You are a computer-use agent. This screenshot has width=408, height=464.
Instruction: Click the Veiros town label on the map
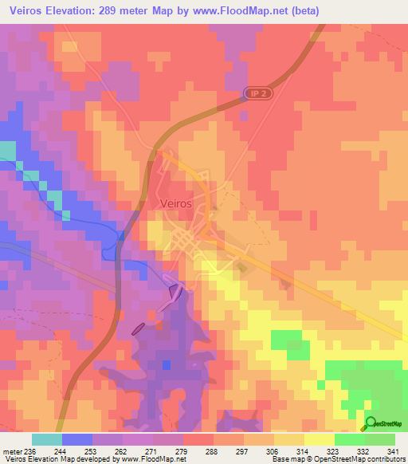(x=175, y=203)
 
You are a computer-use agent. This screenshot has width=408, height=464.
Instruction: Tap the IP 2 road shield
(x=253, y=94)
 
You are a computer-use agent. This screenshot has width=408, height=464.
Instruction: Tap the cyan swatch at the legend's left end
(x=46, y=439)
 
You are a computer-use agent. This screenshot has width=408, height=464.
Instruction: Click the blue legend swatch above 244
(x=76, y=439)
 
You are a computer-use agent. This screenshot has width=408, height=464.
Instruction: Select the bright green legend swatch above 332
(x=349, y=439)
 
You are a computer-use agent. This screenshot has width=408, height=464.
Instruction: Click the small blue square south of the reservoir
(x=166, y=364)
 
